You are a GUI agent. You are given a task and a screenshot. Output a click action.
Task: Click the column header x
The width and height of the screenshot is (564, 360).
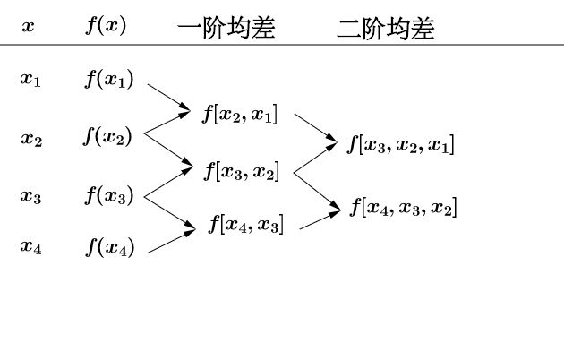[x=29, y=27]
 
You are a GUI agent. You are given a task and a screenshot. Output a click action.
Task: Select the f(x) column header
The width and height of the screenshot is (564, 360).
[x=106, y=26]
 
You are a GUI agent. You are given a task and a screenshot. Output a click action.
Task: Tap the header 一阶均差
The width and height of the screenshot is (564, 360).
[x=226, y=30]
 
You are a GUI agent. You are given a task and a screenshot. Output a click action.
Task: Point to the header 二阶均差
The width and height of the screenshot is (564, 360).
[x=385, y=30]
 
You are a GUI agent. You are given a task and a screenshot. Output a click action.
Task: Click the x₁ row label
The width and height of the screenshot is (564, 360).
[x=30, y=79]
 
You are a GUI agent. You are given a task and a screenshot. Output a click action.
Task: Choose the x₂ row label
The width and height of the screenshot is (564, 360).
[x=31, y=139]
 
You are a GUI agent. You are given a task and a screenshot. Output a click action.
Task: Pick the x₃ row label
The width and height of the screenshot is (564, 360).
[x=30, y=197]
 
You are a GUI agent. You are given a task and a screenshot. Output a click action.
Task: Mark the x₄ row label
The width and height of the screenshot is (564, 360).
[x=30, y=246]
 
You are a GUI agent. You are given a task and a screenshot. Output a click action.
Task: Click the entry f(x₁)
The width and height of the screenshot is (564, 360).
[x=109, y=79]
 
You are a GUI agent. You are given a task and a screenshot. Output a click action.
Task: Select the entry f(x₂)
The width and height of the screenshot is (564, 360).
[x=108, y=137]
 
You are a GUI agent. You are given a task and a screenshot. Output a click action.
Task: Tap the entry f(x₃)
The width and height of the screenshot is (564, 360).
[x=109, y=195]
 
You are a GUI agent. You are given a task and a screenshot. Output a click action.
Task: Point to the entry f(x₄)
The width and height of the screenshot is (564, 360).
[x=110, y=246]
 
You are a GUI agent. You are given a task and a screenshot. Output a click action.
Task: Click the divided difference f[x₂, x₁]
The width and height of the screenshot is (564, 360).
[x=240, y=114]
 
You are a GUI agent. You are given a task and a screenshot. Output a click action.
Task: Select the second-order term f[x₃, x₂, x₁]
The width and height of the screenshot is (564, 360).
[x=401, y=144]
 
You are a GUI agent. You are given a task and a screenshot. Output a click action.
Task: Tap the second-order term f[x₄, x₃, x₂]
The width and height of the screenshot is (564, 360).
[x=403, y=208]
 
